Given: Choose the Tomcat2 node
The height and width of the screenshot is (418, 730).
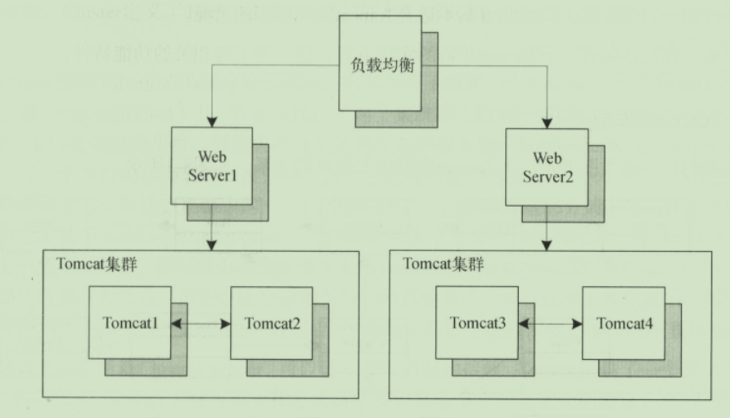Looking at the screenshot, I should [x=272, y=322].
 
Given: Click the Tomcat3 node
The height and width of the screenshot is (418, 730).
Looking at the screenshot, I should [x=477, y=322].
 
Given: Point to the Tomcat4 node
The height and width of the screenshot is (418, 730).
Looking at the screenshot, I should [x=623, y=322].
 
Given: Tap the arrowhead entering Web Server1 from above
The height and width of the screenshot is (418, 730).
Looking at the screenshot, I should [x=212, y=120].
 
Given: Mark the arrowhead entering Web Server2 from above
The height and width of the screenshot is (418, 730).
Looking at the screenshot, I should [x=543, y=120].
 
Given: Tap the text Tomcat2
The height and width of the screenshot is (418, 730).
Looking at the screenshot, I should [x=272, y=323].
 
